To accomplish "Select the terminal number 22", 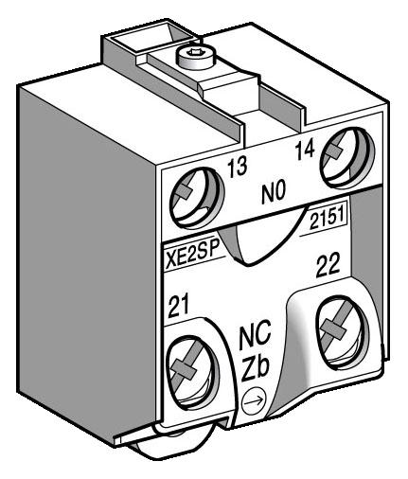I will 327,270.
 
